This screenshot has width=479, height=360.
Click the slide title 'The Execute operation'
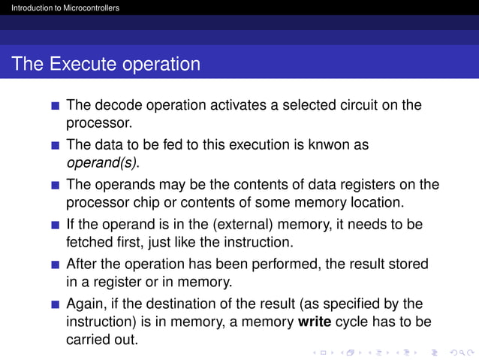coord(106,64)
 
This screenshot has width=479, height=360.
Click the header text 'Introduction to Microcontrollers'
coord(60,8)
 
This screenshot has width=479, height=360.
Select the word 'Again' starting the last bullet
coord(85,304)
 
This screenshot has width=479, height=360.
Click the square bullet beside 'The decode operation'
coord(55,105)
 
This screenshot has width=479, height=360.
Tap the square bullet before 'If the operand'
coord(55,225)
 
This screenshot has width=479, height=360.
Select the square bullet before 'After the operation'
coord(55,265)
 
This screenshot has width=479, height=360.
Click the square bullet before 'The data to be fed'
coord(55,144)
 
